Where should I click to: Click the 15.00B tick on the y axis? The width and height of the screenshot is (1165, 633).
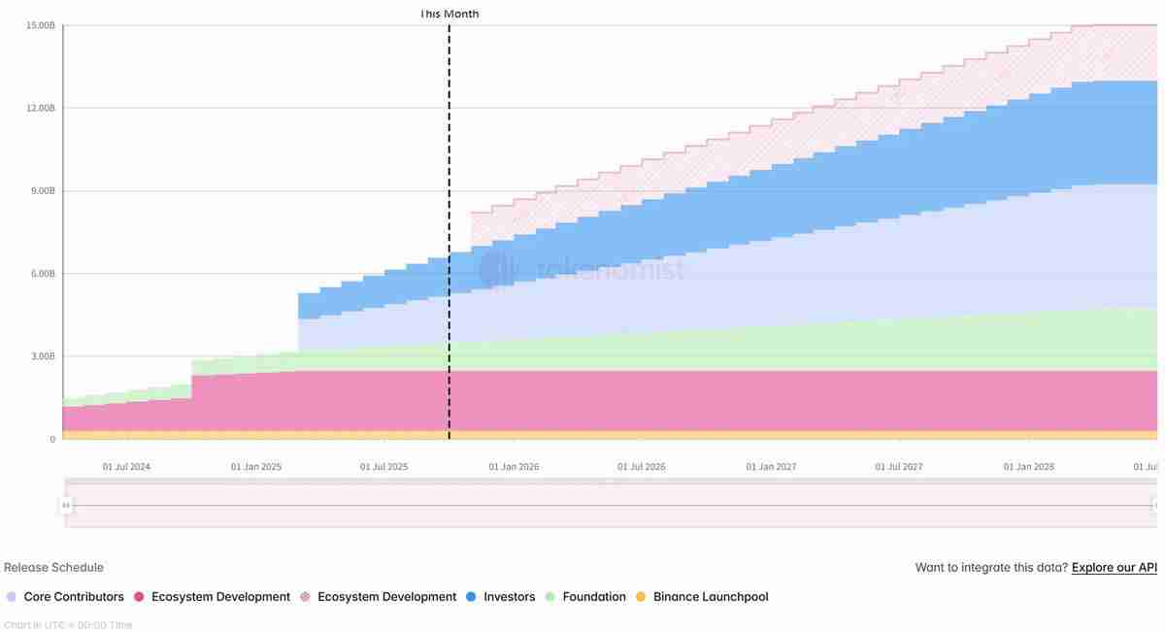(x=40, y=25)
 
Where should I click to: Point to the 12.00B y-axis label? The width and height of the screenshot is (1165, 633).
(x=40, y=108)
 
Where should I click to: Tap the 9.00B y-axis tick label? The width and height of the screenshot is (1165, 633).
(x=42, y=191)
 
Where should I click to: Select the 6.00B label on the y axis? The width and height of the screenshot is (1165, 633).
(x=42, y=274)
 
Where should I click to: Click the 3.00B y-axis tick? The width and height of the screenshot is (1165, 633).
(x=42, y=356)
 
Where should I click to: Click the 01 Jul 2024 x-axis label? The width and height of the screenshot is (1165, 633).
(x=126, y=467)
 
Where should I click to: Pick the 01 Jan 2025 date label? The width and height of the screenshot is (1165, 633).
(x=255, y=467)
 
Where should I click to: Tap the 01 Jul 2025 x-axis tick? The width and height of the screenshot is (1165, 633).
(x=384, y=467)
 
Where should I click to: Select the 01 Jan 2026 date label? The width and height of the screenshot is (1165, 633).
(x=514, y=467)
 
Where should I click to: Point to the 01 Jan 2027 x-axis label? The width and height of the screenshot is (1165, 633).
(x=771, y=467)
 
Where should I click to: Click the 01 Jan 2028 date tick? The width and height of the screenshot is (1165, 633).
(x=1029, y=467)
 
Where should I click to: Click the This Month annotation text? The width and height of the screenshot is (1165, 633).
(x=449, y=14)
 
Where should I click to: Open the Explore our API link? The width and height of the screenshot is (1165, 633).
(x=1114, y=568)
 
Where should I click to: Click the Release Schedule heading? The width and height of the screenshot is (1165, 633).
(x=53, y=568)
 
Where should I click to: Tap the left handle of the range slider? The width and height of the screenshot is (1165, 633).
(x=66, y=505)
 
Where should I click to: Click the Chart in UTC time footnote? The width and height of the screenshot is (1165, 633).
(x=68, y=625)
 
